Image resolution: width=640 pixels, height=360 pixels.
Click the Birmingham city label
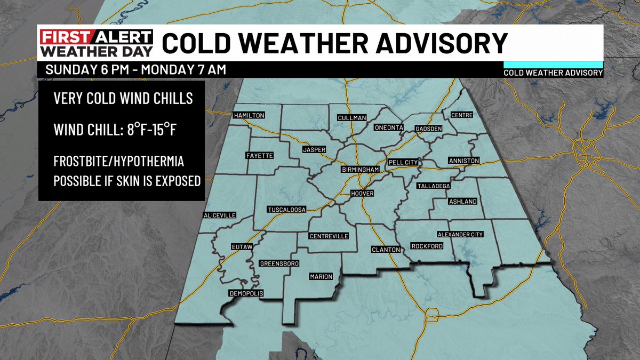click(361, 170)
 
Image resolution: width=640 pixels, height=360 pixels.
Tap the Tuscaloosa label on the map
click(286, 210)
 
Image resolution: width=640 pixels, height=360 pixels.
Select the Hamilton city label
click(249, 115)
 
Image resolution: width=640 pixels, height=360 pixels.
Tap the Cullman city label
click(351, 117)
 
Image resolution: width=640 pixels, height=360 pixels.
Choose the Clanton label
click(386, 249)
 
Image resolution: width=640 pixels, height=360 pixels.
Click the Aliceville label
click(219, 215)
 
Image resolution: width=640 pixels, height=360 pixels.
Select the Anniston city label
click(464, 161)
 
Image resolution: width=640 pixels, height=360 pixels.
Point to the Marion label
click(321, 277)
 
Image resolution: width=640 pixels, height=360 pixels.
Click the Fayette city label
click(259, 156)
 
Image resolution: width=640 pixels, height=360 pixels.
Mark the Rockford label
click(427, 246)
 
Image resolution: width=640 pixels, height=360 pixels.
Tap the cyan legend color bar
click(553, 63)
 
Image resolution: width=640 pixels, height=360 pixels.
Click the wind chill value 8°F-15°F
click(147, 129)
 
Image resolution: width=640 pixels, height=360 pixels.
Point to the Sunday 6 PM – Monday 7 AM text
click(136, 69)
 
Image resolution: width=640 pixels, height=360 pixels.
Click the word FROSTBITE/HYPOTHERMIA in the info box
click(122, 161)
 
